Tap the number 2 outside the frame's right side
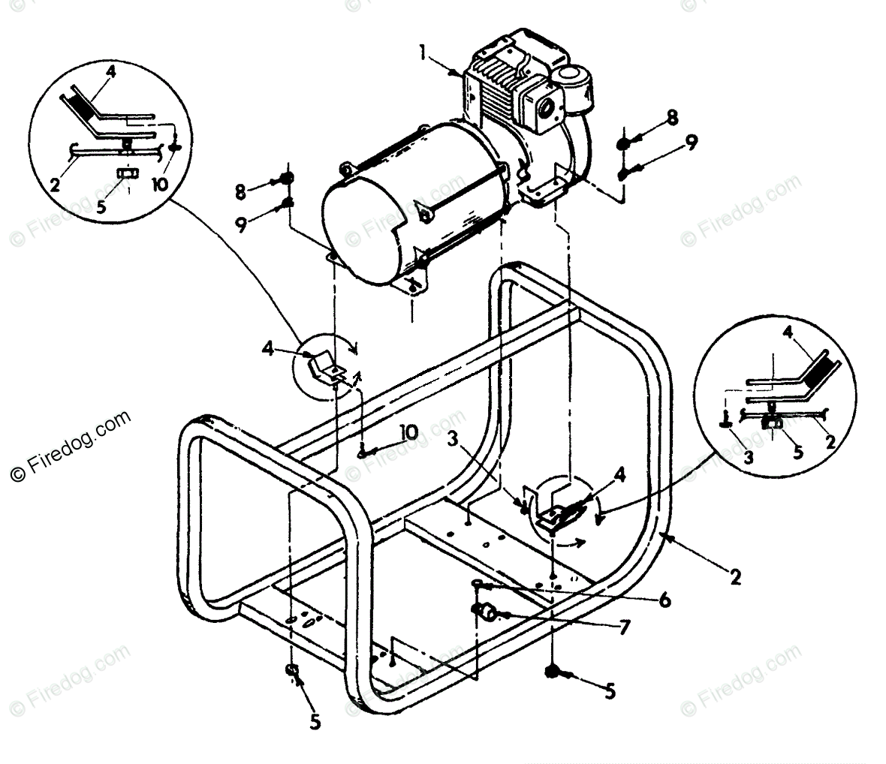pyautogui.click(x=735, y=578)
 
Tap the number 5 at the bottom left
pyautogui.click(x=315, y=721)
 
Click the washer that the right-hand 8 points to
pyautogui.click(x=625, y=145)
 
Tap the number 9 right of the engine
pyautogui.click(x=690, y=140)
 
